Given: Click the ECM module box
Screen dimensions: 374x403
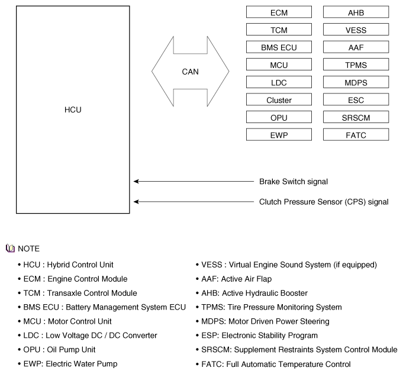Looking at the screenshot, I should [279, 12].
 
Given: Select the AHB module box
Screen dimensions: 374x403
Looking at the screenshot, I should [356, 12].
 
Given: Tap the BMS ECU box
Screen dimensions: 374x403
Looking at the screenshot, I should [279, 47].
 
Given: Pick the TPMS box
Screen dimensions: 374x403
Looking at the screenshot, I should [356, 65].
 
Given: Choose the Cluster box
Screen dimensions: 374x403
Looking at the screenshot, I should [279, 100].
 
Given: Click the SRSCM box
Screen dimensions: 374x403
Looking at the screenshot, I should [356, 118].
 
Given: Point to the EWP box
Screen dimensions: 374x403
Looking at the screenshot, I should [279, 135].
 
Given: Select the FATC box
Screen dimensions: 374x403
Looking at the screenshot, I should [356, 135].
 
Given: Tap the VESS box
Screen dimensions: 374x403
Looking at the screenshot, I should [356, 30].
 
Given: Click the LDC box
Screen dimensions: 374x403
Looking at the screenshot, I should [279, 82].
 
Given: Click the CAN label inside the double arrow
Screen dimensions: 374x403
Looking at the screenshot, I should [190, 72].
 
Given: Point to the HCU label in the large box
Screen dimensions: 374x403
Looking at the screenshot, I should [73, 109].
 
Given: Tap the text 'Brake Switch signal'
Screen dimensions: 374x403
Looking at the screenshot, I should [294, 181].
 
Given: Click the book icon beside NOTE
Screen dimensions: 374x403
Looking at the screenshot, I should [9, 249].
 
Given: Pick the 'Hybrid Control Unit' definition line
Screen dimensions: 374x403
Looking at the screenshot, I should [68, 265].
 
